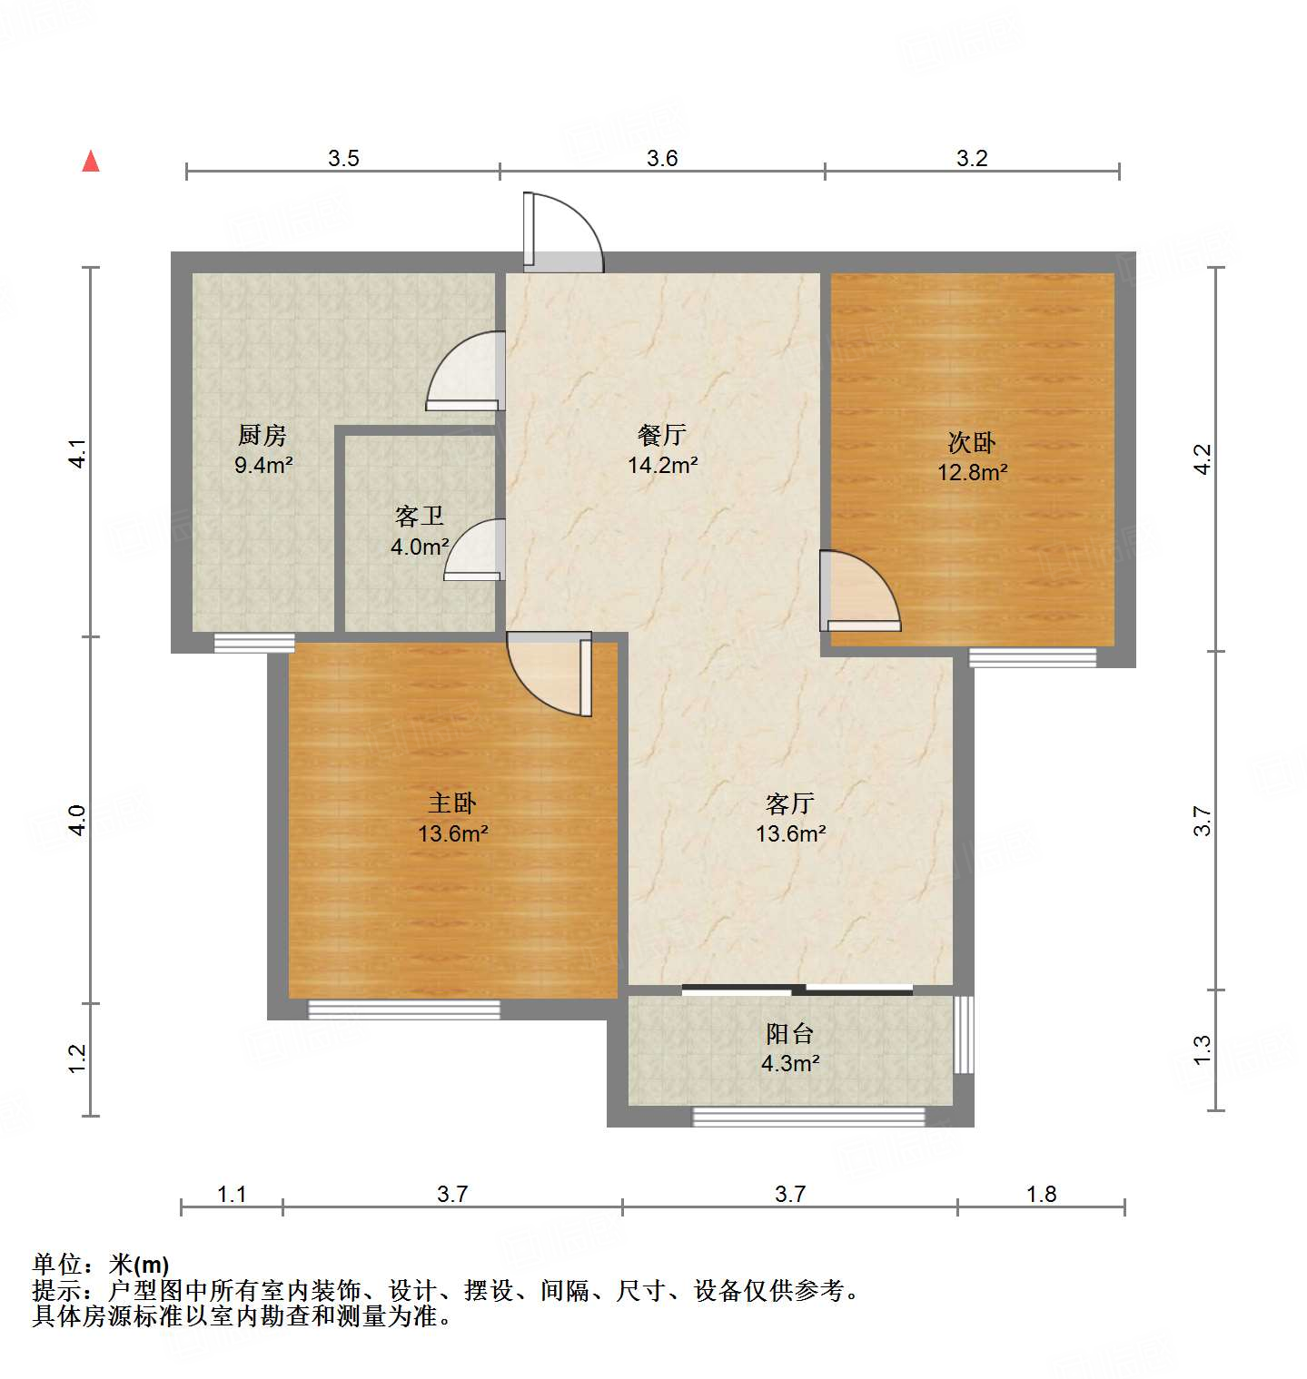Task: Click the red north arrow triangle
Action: (91, 162)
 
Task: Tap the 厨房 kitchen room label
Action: (262, 435)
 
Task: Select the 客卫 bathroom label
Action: (420, 517)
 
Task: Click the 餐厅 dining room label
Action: (662, 435)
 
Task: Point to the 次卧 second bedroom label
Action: (972, 442)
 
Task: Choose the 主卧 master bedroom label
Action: (452, 803)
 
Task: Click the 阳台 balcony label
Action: (789, 1033)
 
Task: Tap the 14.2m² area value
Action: (662, 466)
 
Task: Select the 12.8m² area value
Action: (972, 473)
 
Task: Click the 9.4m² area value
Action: (262, 466)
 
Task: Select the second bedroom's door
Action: (858, 592)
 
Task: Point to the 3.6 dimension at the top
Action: (662, 158)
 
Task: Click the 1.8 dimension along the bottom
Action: (1041, 1194)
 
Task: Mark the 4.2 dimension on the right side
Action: (1202, 458)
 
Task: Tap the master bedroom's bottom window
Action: (404, 1009)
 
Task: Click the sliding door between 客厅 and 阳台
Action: (797, 990)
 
